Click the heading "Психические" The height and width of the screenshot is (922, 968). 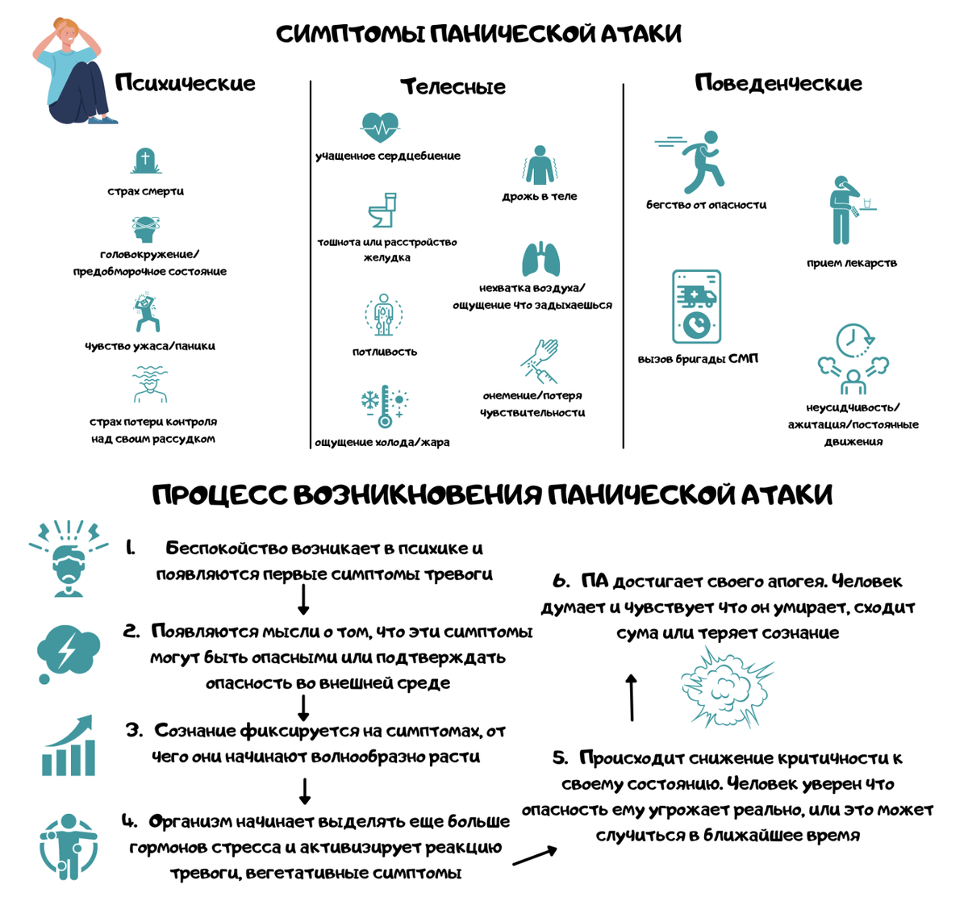[x=185, y=83]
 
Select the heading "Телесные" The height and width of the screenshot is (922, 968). [x=453, y=86]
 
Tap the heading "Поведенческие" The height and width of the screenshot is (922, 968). [x=778, y=83]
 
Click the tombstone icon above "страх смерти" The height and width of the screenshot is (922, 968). [x=145, y=161]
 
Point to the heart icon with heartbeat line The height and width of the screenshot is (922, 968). [x=379, y=127]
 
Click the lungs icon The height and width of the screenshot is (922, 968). [x=540, y=259]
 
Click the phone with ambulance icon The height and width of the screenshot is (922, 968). [x=696, y=307]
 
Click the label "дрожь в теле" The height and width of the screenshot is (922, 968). [x=540, y=196]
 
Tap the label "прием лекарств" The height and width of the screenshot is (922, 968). [x=852, y=263]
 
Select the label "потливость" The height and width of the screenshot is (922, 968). [x=385, y=352]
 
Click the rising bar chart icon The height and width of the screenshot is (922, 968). [x=69, y=745]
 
